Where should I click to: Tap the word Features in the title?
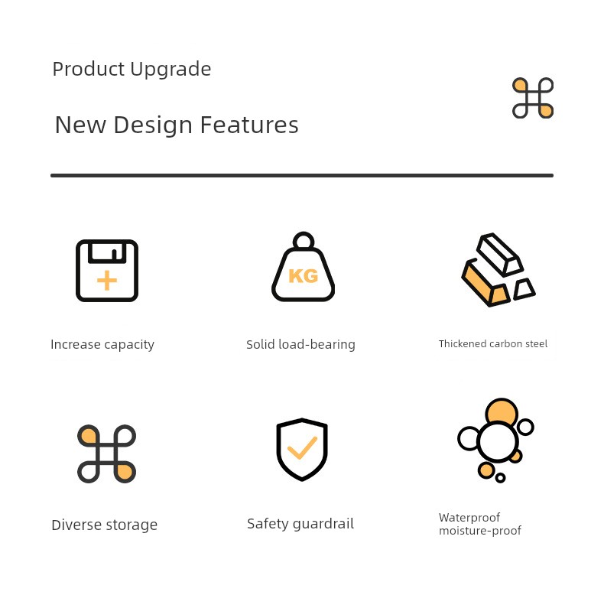pos(249,125)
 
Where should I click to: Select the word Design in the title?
pos(153,126)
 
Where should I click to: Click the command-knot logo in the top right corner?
pos(533,98)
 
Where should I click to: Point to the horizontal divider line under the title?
pos(301,176)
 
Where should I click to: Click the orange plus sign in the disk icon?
pos(107,281)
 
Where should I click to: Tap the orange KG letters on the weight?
pos(304,276)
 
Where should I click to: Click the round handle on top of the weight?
pos(304,241)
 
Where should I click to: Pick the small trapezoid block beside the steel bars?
pos(524,289)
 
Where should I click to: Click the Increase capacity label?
pos(102,345)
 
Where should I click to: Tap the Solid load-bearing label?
pos(300,345)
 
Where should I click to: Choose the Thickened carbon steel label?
pos(493,344)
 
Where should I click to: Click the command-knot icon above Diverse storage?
pos(106,454)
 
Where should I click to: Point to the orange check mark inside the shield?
pos(302,448)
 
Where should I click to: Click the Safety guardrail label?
pos(300,524)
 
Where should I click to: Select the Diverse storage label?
pos(104,525)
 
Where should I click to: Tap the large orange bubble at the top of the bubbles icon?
pos(502,411)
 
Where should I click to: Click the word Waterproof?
pos(469,518)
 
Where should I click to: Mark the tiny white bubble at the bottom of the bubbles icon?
pos(501,478)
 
